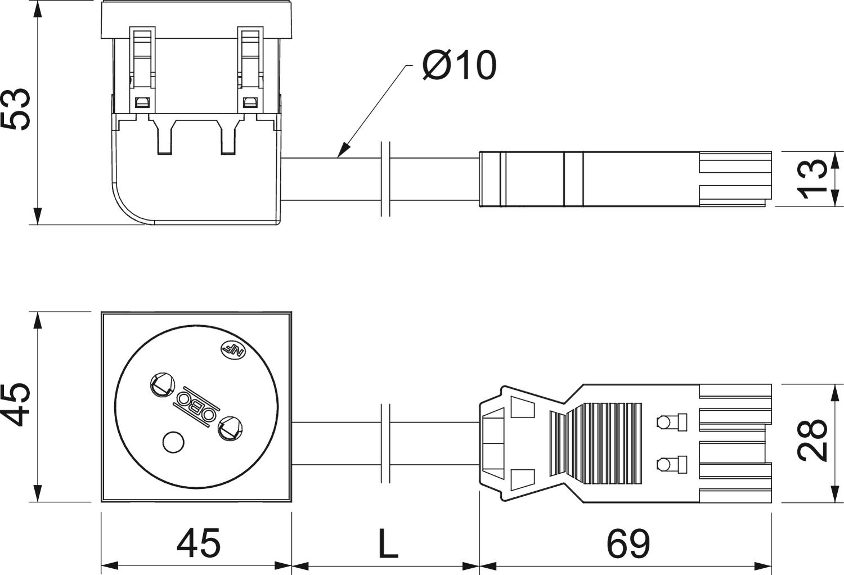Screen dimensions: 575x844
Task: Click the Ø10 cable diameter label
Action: [x=460, y=66]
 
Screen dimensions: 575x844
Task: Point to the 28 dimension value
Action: [x=814, y=441]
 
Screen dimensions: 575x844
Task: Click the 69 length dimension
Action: [x=628, y=543]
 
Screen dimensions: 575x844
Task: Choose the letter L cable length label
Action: [x=387, y=543]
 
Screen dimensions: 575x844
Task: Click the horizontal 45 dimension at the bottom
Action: [x=198, y=543]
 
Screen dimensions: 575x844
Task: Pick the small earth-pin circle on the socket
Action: [x=173, y=443]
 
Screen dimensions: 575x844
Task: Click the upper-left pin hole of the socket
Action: [x=161, y=385]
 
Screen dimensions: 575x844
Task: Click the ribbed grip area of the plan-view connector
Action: [x=596, y=443]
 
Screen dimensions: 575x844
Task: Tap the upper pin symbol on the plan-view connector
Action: [x=672, y=421]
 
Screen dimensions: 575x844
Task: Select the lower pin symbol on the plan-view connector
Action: [x=672, y=464]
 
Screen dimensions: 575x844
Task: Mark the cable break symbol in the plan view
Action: [x=385, y=443]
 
